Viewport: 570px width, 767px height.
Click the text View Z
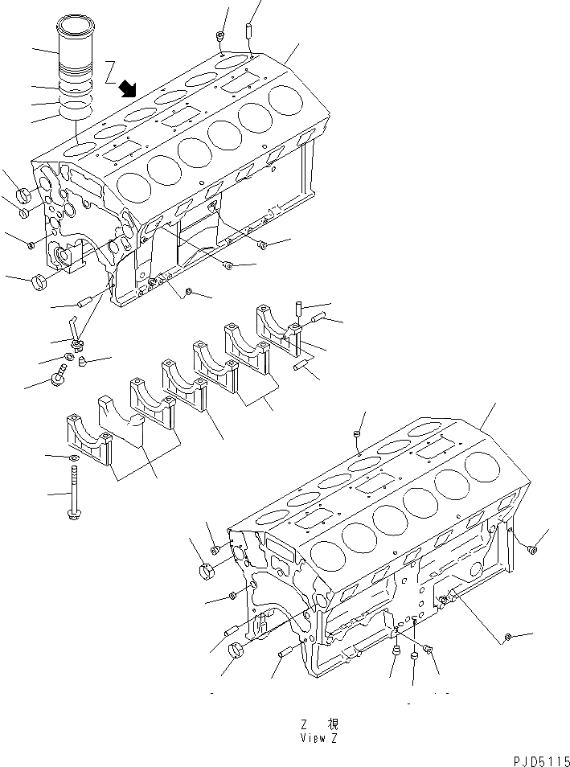(x=322, y=737)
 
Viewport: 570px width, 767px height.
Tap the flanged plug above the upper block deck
(x=219, y=36)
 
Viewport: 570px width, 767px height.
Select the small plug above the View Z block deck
(x=356, y=435)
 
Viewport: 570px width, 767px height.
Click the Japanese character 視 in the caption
(x=330, y=724)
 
